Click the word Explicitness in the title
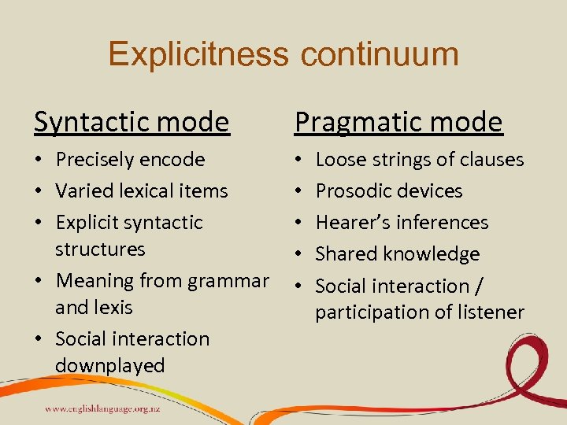click(x=198, y=54)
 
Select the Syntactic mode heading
click(x=132, y=122)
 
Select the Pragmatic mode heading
click(x=398, y=122)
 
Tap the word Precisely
click(x=91, y=160)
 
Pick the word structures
click(x=100, y=249)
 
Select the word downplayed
click(x=109, y=366)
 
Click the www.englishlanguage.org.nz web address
click(x=102, y=409)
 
